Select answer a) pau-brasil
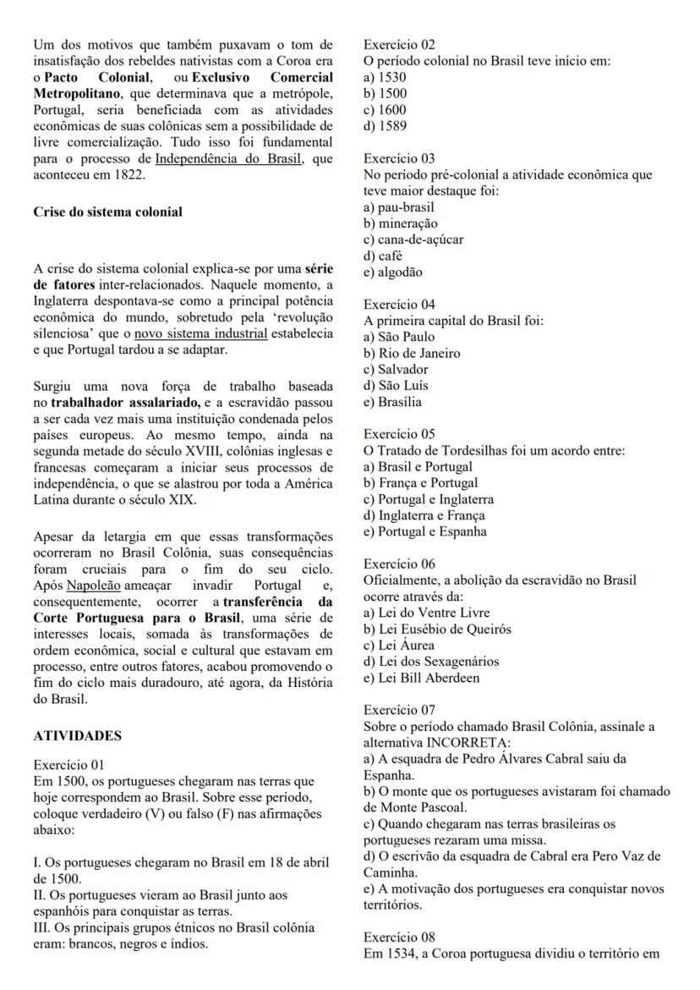(x=399, y=207)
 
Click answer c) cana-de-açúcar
(x=413, y=239)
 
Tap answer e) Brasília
(x=392, y=402)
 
